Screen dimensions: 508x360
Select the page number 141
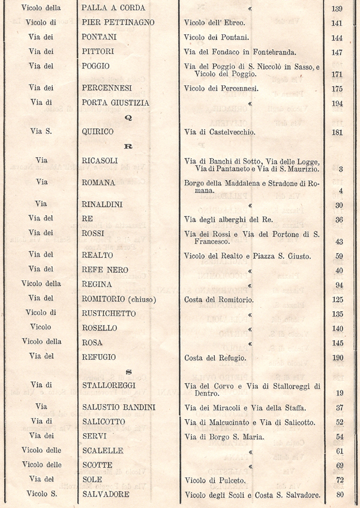(336, 23)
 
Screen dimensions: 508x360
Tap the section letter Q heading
(127, 118)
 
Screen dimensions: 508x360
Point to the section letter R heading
(127, 146)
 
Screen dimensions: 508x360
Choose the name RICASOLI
(100, 161)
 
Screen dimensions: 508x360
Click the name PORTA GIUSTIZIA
(115, 103)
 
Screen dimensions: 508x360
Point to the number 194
(336, 103)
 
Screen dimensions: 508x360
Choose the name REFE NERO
(105, 270)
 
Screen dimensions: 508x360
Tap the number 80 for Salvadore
(340, 495)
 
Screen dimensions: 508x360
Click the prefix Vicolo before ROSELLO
(42, 328)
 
